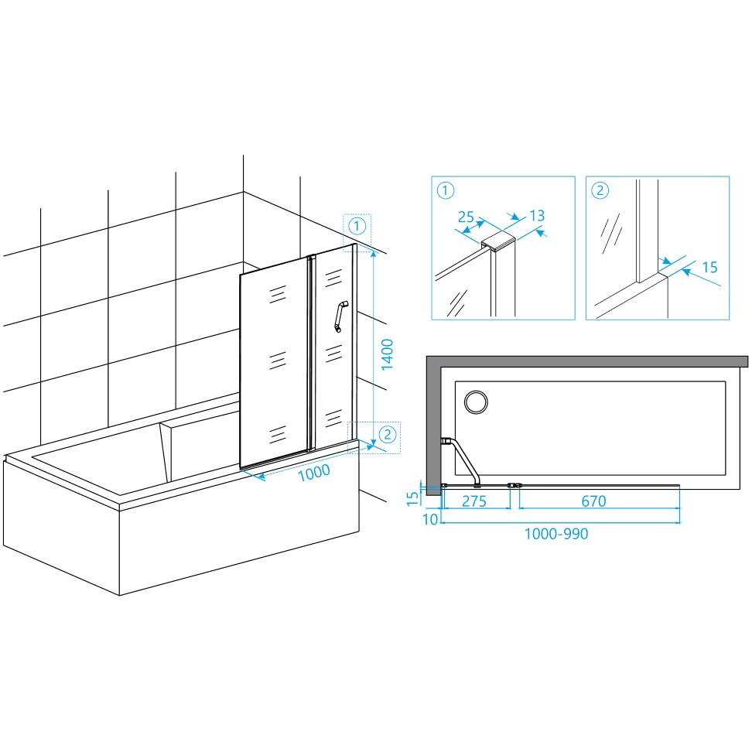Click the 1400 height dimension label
pyautogui.click(x=387, y=354)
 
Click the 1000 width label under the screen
pyautogui.click(x=314, y=473)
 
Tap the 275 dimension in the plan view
pyautogui.click(x=474, y=501)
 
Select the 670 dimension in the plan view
pyautogui.click(x=593, y=501)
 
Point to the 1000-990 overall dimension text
pyautogui.click(x=556, y=534)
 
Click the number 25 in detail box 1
pyautogui.click(x=466, y=217)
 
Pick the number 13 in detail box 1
pyautogui.click(x=537, y=216)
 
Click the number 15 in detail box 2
pyautogui.click(x=709, y=267)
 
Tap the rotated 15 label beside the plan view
pyautogui.click(x=413, y=498)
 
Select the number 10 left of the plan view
pyautogui.click(x=430, y=519)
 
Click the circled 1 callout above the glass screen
pyautogui.click(x=357, y=226)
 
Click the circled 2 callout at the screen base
pyautogui.click(x=388, y=435)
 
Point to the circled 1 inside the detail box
pyautogui.click(x=446, y=190)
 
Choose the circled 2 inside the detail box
pyautogui.click(x=600, y=190)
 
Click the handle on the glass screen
pyautogui.click(x=340, y=316)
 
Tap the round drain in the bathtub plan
pyautogui.click(x=477, y=402)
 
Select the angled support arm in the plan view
pyautogui.click(x=463, y=460)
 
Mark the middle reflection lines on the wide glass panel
pyautogui.click(x=278, y=361)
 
